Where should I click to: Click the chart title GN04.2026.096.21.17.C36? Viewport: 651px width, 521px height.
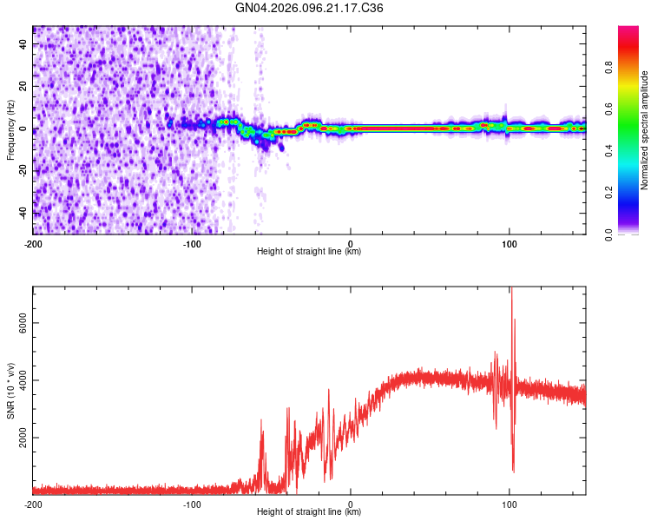click(309, 8)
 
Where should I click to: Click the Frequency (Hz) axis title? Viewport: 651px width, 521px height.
click(11, 129)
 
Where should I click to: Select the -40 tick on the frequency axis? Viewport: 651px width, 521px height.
click(24, 213)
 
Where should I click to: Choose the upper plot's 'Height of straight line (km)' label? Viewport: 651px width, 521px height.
click(309, 252)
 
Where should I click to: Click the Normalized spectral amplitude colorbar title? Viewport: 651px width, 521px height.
click(644, 130)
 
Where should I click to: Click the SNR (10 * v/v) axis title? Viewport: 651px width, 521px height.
click(11, 391)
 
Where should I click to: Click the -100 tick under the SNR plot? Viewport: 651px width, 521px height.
click(192, 504)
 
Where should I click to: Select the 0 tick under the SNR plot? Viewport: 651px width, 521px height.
click(351, 504)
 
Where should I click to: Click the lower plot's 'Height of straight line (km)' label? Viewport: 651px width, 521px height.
click(309, 512)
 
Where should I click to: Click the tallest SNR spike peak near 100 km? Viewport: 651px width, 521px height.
click(511, 289)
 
